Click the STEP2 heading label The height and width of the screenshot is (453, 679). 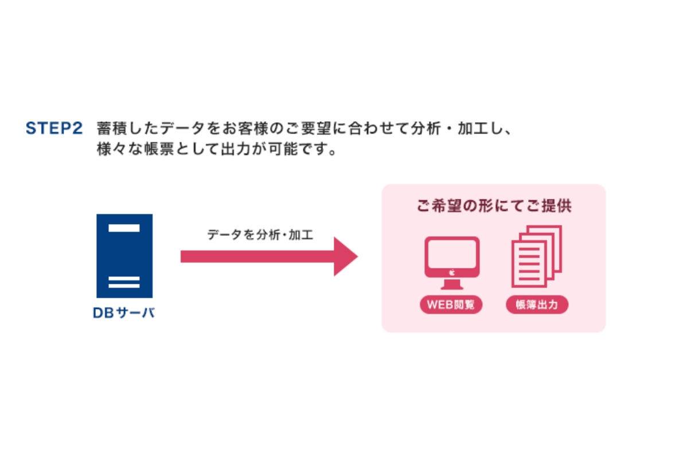[54, 128]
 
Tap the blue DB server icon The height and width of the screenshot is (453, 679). [124, 256]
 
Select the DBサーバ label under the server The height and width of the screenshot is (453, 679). [124, 313]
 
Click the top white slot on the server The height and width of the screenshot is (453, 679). [124, 228]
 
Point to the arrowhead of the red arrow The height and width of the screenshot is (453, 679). [346, 256]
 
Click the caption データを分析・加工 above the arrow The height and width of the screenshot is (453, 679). [260, 235]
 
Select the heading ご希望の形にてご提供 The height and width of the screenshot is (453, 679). [494, 206]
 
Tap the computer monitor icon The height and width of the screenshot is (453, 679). [452, 263]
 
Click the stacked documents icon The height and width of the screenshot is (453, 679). [537, 256]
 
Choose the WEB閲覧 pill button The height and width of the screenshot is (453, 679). [451, 304]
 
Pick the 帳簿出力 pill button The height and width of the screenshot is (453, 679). [537, 304]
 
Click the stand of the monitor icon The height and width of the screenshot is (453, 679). [452, 284]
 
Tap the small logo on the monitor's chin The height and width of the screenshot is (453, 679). [452, 273]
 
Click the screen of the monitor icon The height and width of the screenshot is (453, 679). [452, 253]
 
